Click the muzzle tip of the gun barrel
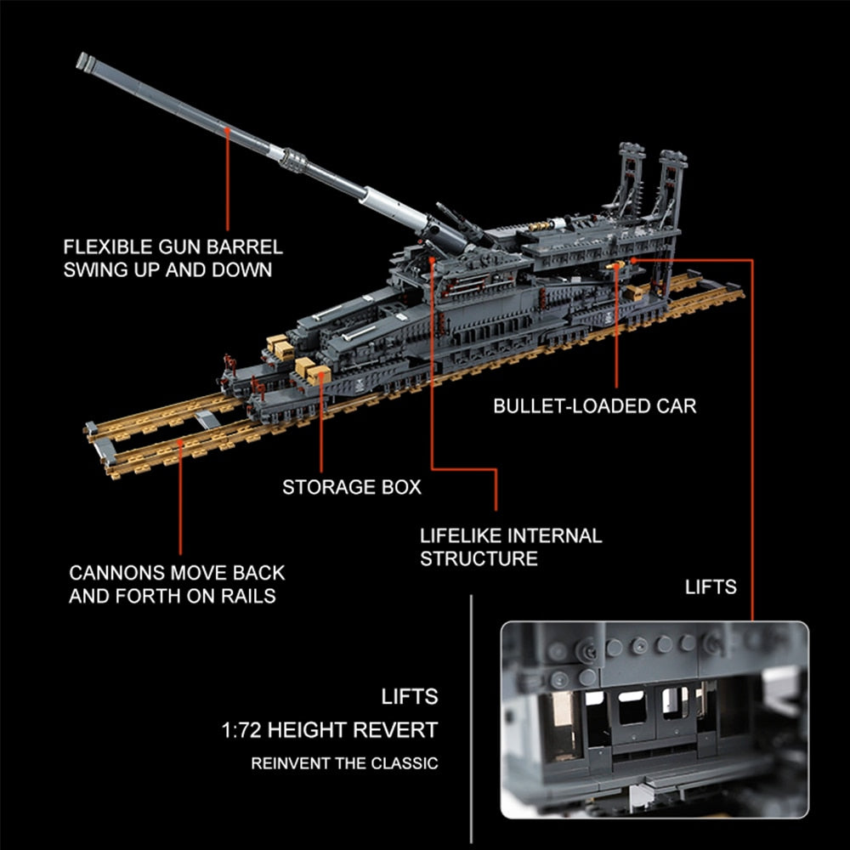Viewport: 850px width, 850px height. (82, 60)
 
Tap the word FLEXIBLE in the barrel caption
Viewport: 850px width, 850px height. (108, 247)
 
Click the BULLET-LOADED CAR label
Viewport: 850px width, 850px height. (595, 406)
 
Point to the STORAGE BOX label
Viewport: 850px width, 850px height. (352, 487)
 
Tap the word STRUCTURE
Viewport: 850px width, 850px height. (479, 558)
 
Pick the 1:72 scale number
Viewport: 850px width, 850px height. (241, 730)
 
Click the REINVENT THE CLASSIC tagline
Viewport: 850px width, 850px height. (344, 763)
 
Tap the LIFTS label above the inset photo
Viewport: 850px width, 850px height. (711, 586)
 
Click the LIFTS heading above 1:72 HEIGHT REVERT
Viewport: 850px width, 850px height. (410, 697)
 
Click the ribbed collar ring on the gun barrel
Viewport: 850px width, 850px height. (294, 160)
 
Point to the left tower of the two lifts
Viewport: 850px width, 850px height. (629, 184)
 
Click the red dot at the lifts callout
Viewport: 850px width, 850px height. (632, 260)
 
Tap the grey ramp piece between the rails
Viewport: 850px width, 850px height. (207, 418)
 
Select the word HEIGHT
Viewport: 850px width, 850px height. (306, 730)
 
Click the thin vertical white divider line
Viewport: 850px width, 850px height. (471, 719)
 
